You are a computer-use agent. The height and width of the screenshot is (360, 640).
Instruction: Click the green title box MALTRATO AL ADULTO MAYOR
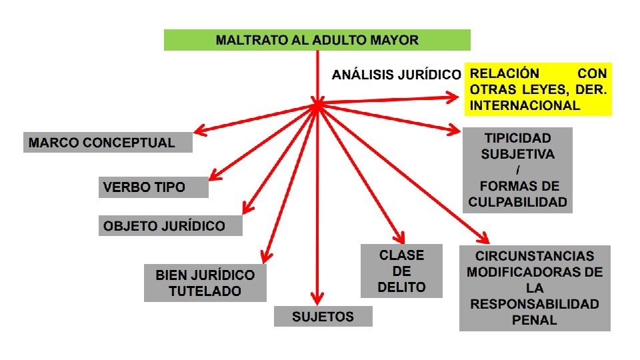pos(317,40)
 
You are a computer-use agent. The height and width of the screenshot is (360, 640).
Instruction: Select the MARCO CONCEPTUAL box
pos(107,143)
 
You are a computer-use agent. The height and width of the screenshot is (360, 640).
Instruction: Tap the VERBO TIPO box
pos(153,187)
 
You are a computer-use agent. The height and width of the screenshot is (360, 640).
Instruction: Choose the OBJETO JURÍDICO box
pos(170,226)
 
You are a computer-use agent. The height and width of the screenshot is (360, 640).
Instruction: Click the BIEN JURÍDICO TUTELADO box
pos(205,283)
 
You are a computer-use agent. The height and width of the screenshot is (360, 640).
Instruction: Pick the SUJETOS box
pos(323,316)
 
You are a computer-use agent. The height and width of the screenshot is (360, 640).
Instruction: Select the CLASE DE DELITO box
pos(401,271)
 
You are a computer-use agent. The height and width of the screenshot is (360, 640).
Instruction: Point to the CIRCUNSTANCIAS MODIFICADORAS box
pos(535,288)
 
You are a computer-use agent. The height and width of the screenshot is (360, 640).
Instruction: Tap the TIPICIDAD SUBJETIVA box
pos(517,170)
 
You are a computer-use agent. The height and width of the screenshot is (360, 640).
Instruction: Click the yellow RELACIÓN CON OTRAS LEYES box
pos(537,89)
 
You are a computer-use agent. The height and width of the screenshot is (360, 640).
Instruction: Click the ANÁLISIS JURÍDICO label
pos(396,75)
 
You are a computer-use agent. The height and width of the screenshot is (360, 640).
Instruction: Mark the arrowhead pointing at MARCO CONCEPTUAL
pos(198,129)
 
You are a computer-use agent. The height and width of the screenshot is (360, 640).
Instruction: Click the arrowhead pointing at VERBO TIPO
pos(215,177)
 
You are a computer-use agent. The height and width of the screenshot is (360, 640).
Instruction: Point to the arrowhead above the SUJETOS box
pos(317,298)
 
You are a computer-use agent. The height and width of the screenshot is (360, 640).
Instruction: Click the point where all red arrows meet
pos(317,105)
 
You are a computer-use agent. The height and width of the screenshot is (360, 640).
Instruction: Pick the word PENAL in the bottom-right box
pos(534,320)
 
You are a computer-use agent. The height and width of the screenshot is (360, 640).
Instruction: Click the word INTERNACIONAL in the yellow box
pos(525,105)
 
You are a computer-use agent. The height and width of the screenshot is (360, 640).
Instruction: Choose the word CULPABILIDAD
pos(517,202)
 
